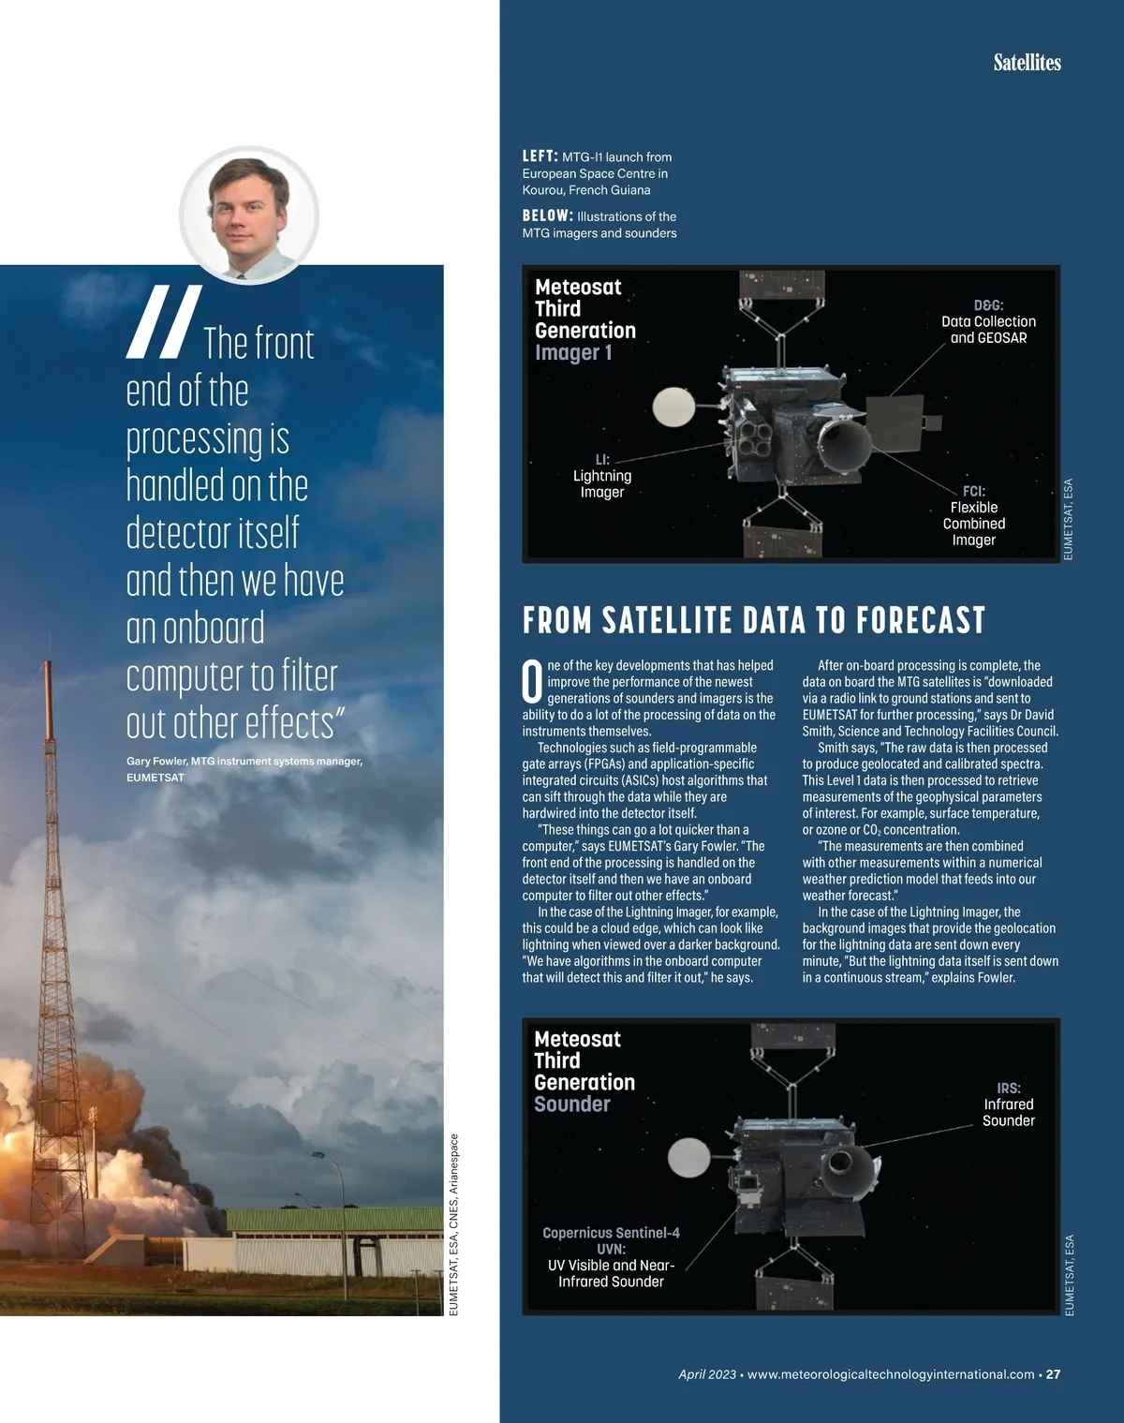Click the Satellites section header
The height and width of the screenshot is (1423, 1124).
pos(1027,63)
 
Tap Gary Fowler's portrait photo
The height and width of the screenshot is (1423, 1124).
pos(249,215)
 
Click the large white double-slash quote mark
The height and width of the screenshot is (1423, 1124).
pos(164,322)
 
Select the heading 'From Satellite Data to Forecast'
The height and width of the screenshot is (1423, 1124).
pos(754,620)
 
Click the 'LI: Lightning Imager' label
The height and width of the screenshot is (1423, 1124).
pos(602,476)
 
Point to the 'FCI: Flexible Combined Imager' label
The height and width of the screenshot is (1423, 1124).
pos(974,515)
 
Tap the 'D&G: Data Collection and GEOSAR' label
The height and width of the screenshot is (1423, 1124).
pos(988,321)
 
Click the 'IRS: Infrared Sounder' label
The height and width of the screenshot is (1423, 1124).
pos(1008,1104)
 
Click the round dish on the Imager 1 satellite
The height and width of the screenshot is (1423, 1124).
pos(673,406)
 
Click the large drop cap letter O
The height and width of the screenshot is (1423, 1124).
pos(532,682)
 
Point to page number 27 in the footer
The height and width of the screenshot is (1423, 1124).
pos(1053,1374)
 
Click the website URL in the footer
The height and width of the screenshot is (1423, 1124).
pos(891,1374)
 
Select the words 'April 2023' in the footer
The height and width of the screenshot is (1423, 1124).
pos(707,1374)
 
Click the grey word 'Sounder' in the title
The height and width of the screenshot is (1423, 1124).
pos(571,1104)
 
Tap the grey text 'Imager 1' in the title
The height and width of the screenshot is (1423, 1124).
pos(573,352)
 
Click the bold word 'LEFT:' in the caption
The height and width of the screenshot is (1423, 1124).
pos(540,156)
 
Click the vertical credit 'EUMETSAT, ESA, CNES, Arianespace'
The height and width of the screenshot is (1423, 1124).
pos(454,1225)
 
